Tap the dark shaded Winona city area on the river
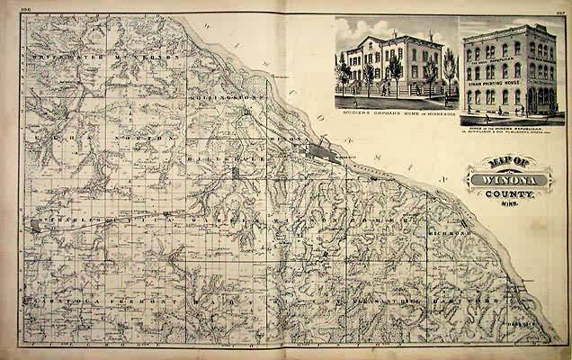[x=320, y=152]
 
